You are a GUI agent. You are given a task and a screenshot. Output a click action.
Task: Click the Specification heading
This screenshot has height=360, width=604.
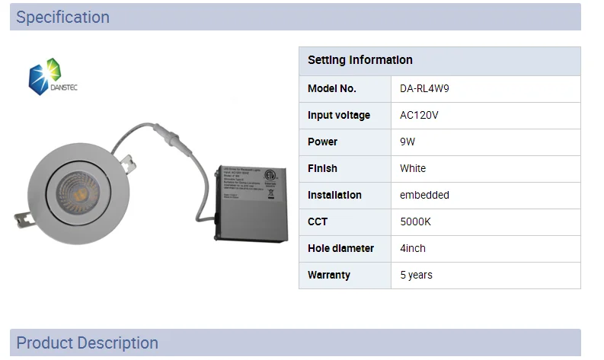62,17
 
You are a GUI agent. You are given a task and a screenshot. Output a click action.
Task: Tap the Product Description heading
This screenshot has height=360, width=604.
87,342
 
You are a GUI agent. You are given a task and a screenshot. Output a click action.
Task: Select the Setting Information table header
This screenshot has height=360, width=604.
360,60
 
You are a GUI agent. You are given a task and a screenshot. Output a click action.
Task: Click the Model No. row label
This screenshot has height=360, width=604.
332,88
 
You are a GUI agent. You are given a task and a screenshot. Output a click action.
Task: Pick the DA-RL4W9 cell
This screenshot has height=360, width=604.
424,88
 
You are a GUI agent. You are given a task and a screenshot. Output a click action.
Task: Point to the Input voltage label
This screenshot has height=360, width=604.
339,115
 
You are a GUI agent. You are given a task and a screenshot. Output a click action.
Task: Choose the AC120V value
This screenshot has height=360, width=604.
419,115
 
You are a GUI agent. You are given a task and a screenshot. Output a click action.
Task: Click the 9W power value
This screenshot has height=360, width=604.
407,142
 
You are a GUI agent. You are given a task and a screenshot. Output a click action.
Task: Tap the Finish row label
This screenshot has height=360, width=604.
322,168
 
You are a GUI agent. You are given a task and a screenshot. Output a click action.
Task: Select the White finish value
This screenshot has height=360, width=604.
413,168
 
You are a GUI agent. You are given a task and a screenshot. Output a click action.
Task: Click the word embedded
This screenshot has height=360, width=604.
424,195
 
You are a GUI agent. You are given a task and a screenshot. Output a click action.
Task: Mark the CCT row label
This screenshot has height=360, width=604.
318,221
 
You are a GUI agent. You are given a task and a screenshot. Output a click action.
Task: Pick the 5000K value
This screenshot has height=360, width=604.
416,221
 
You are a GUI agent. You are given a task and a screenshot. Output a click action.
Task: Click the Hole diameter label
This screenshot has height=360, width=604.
340,248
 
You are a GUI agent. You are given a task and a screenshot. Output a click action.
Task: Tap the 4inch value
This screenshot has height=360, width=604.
413,248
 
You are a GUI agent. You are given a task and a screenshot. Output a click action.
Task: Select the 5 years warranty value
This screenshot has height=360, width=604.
416,275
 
